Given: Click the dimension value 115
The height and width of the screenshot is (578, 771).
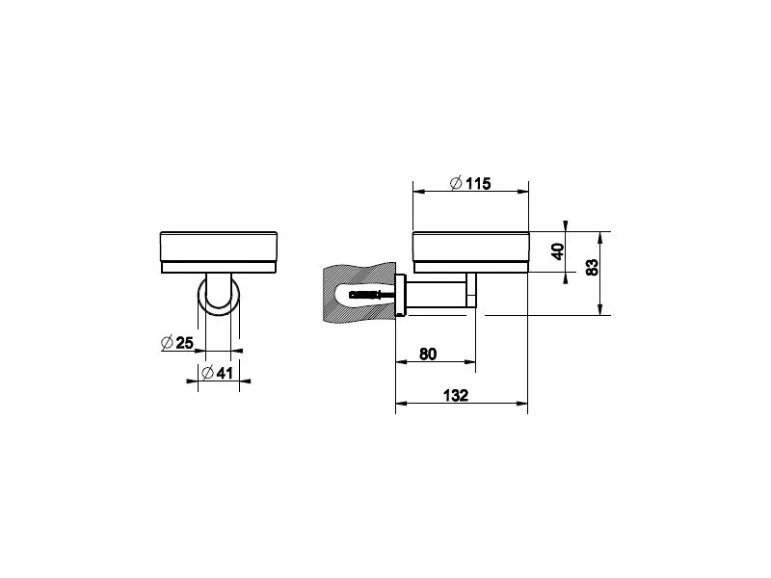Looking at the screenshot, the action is click(x=478, y=184).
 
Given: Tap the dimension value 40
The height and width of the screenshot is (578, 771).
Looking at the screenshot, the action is click(x=558, y=251).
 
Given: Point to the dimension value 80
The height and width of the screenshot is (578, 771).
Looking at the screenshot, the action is click(x=427, y=354).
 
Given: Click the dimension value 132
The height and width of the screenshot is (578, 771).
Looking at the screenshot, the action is click(x=456, y=395).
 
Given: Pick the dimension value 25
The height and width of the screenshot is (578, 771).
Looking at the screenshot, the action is click(x=184, y=343).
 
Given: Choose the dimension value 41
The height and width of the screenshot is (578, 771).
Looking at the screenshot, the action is click(x=225, y=373).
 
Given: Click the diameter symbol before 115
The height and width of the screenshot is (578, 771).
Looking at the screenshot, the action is click(x=456, y=183).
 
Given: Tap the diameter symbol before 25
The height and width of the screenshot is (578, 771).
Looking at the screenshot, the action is click(x=167, y=343).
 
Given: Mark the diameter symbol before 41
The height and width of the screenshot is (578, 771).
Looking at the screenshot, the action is click(x=207, y=373).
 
